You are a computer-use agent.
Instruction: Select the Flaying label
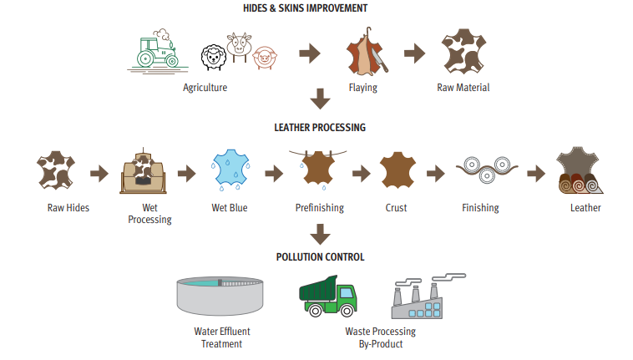(362, 87)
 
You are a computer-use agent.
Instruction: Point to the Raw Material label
(463, 87)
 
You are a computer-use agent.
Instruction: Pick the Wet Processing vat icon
(145, 172)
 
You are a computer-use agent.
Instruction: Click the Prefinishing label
(320, 208)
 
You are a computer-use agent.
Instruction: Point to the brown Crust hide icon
(398, 172)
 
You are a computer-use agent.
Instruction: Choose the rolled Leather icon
(580, 171)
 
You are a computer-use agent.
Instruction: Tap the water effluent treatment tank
(221, 294)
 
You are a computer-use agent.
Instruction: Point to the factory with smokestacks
(424, 298)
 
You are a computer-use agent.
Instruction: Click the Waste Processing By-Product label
(380, 337)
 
